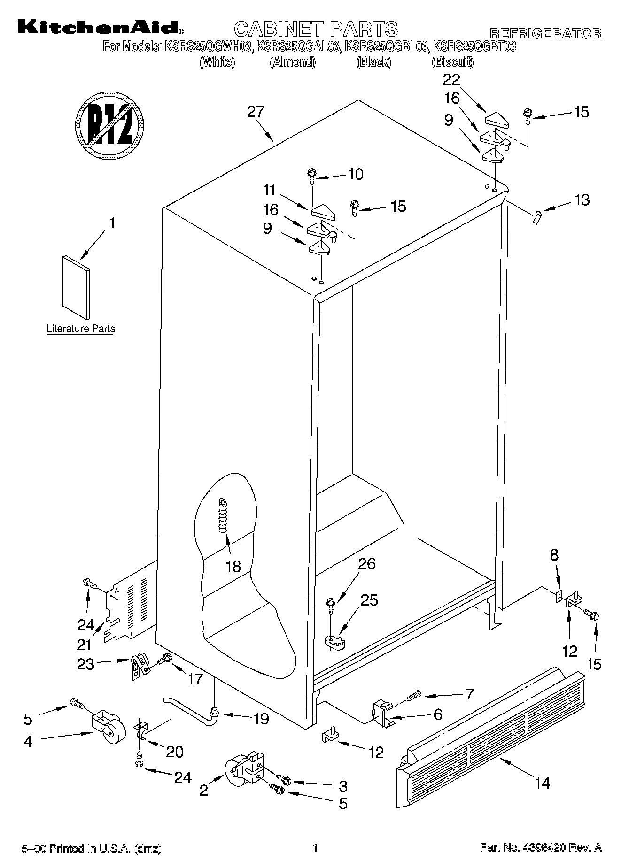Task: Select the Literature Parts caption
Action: pyautogui.click(x=81, y=329)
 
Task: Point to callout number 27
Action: pyautogui.click(x=256, y=112)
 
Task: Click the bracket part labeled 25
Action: pyautogui.click(x=334, y=642)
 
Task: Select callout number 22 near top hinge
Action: pyautogui.click(x=451, y=79)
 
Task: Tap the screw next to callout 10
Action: pyautogui.click(x=311, y=175)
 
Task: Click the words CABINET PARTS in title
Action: pyautogui.click(x=316, y=29)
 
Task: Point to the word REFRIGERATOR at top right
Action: pyautogui.click(x=545, y=33)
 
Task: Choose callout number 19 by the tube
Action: pyautogui.click(x=261, y=718)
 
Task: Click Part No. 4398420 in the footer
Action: pyautogui.click(x=541, y=848)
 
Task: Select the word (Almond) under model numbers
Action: pyautogui.click(x=292, y=61)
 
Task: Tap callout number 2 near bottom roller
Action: pyautogui.click(x=203, y=791)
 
